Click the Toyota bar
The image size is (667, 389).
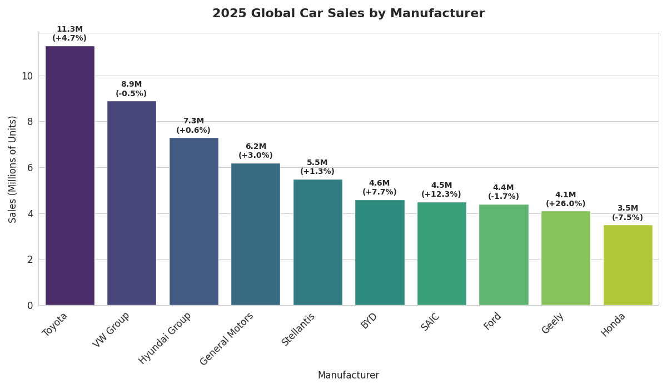coord(69,176)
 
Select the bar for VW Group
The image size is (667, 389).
coord(132,203)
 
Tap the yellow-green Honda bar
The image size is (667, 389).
coord(628,265)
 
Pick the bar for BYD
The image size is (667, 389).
coord(380,252)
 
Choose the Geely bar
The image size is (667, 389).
coord(566,258)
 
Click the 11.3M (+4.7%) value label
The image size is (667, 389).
coord(69,34)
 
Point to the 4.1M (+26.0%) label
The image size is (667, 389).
coord(566,200)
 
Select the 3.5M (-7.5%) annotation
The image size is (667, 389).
coord(628,213)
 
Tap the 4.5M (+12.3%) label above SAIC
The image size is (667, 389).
coord(441,190)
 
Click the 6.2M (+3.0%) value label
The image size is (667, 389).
coord(256,151)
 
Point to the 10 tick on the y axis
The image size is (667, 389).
coord(27,76)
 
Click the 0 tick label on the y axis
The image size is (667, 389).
coord(30,305)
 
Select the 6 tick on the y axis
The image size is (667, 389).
coord(30,168)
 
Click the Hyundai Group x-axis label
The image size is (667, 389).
coord(166,337)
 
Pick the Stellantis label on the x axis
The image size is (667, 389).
coord(298,329)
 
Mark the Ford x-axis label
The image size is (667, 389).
coord(492,321)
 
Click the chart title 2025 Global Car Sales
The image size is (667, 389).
coord(349,14)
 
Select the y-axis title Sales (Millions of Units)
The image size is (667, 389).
coord(13,169)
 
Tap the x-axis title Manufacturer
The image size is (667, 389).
coord(349,376)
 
